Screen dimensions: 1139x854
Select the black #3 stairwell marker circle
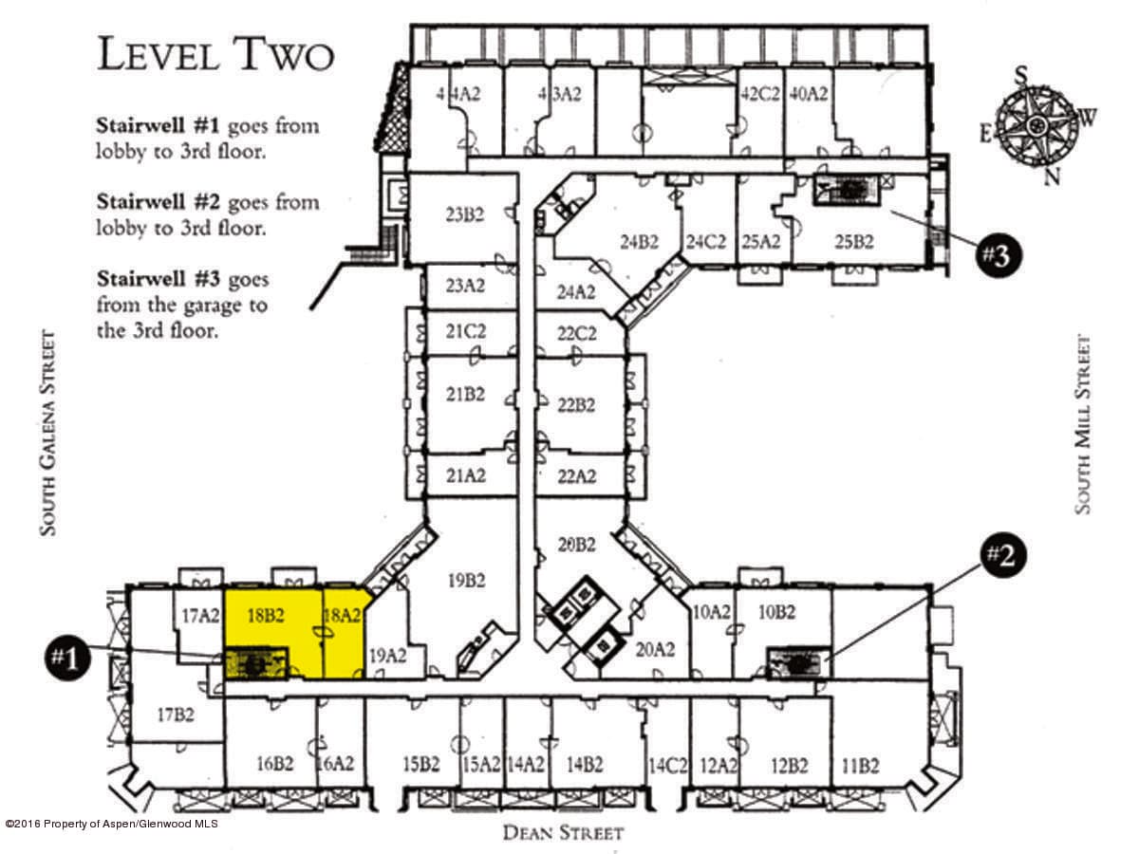pyautogui.click(x=998, y=255)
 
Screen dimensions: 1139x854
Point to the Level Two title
pyautogui.click(x=215, y=54)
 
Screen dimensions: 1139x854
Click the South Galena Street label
pyautogui.click(x=47, y=433)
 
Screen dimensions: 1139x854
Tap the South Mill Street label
pyautogui.click(x=1082, y=424)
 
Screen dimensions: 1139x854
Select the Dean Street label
pyautogui.click(x=564, y=833)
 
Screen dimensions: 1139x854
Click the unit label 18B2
pyautogui.click(x=266, y=616)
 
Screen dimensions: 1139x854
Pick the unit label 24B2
pyautogui.click(x=640, y=242)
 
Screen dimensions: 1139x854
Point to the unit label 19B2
pyautogui.click(x=466, y=581)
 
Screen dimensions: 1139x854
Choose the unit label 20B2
pyautogui.click(x=576, y=545)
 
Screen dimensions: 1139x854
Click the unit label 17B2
pyautogui.click(x=176, y=715)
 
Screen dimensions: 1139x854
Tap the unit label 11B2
pyautogui.click(x=860, y=766)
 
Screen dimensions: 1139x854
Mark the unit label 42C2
pyautogui.click(x=760, y=94)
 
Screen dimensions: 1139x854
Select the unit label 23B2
pyautogui.click(x=465, y=214)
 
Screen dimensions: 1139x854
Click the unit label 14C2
pyautogui.click(x=668, y=766)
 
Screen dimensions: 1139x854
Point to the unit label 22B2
pyautogui.click(x=576, y=404)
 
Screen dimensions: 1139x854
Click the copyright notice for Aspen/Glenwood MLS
pyautogui.click(x=111, y=824)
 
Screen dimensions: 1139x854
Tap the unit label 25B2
pyautogui.click(x=854, y=242)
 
